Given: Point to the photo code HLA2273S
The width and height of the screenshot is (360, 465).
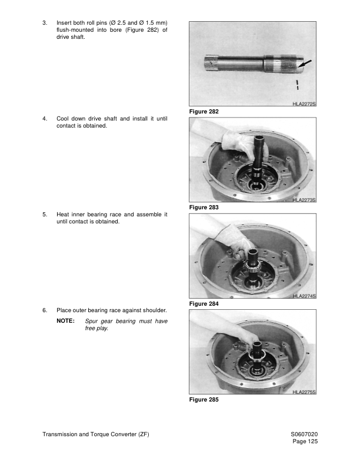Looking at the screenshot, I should point(304,200).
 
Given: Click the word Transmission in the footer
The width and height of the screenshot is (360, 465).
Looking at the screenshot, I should point(60,434).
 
